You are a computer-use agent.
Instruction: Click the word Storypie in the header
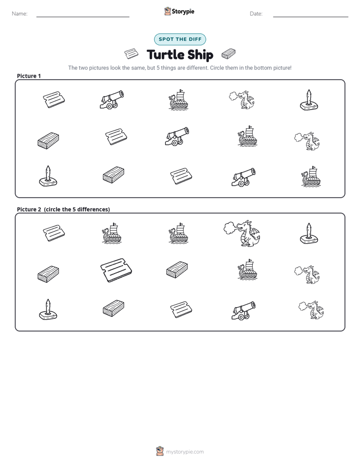[183, 12]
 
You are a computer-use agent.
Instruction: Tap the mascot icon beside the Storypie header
[167, 11]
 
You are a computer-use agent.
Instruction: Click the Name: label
[20, 14]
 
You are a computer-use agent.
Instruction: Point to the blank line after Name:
[83, 17]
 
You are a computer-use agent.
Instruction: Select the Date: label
[256, 14]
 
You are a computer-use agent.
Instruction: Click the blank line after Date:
[311, 17]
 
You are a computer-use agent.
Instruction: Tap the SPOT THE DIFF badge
[180, 39]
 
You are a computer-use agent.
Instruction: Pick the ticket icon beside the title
[131, 54]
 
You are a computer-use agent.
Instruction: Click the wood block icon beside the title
[228, 54]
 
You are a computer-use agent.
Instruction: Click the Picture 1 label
[29, 76]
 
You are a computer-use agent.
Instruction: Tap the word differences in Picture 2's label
[93, 209]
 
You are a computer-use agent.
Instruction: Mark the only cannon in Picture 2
[244, 311]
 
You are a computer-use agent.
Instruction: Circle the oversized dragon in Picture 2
[242, 234]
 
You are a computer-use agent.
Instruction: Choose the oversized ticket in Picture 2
[116, 270]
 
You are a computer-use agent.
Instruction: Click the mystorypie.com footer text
[185, 452]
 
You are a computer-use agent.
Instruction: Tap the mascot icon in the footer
[160, 451]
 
